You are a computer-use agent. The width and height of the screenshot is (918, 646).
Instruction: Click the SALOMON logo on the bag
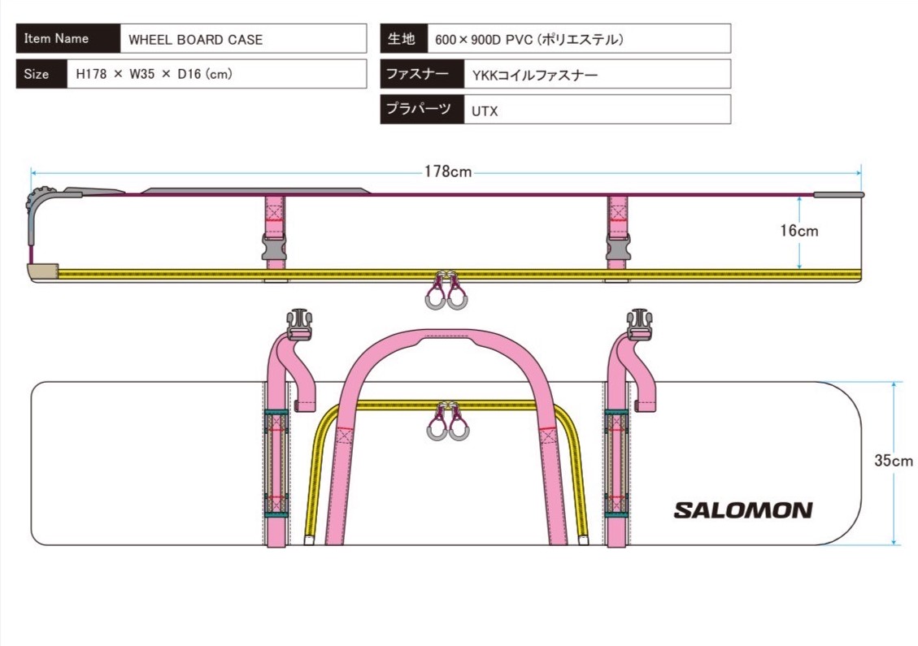point(742,510)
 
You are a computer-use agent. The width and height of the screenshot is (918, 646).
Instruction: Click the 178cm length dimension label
point(447,171)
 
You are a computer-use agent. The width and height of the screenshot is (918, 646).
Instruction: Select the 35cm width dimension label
point(894,460)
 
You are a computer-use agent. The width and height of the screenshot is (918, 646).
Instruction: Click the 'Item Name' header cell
point(67,38)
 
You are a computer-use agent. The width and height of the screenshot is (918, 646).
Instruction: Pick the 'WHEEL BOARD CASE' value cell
point(243,39)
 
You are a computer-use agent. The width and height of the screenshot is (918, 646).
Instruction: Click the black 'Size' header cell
point(41,74)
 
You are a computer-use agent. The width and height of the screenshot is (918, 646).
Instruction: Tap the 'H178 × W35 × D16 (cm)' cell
point(217,74)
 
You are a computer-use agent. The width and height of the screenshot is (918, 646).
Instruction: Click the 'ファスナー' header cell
point(421,74)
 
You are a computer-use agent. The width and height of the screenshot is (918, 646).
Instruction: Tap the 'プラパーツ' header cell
point(421,110)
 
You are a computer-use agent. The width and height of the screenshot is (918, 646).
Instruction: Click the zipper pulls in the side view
point(446,293)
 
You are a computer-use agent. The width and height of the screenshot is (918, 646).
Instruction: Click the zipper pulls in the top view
point(446,423)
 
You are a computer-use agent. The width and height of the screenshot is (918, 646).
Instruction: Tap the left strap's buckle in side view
point(274,247)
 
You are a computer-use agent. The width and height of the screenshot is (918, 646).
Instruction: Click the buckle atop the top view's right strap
point(640,323)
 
